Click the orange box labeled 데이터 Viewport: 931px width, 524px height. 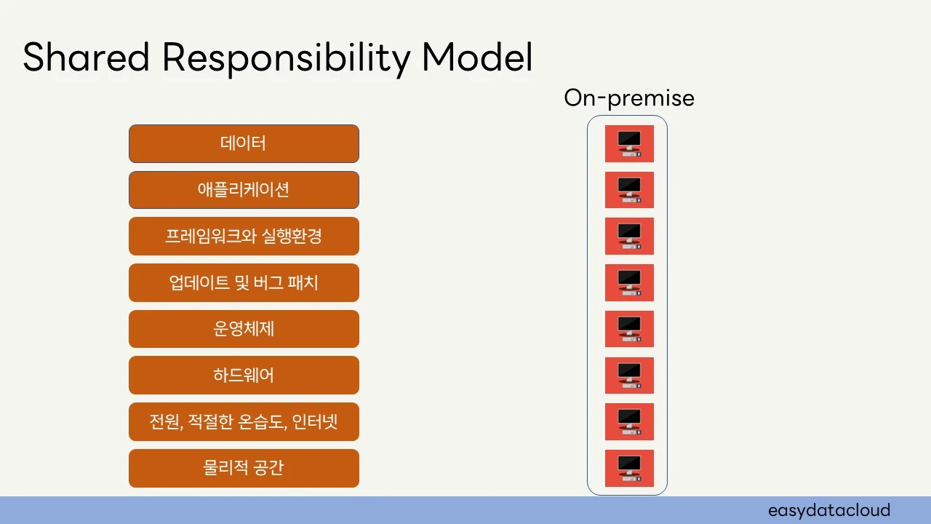(244, 143)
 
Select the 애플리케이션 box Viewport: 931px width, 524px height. (244, 190)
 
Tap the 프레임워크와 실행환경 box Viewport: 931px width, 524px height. (244, 237)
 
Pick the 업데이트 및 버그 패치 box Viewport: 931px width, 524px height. (244, 282)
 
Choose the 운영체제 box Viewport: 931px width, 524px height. (244, 329)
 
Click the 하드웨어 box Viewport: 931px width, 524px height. (244, 376)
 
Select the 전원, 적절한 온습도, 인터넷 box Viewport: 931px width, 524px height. (244, 422)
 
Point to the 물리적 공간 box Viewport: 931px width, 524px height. (244, 468)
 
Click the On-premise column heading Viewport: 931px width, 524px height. (628, 98)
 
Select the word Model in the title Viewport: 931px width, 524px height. (477, 57)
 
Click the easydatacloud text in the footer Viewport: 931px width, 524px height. (828, 510)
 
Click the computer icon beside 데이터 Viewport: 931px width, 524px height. (629, 143)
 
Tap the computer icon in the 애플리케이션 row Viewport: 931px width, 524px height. (629, 190)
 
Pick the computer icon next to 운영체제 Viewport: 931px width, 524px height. (629, 329)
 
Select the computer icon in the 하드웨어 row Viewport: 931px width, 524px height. (629, 376)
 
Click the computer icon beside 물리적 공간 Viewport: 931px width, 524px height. (629, 468)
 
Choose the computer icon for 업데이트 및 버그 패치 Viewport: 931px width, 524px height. (629, 282)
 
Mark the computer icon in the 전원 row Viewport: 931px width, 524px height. (629, 422)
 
